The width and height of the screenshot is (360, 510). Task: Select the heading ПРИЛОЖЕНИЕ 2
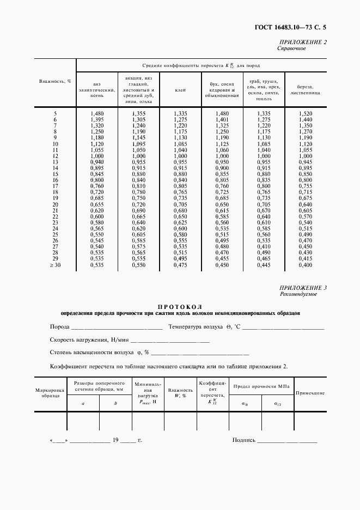303,42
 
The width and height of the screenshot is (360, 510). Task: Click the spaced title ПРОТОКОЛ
180,307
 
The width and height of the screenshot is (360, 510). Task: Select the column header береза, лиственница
305,90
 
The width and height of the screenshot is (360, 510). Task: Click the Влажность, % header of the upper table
55,81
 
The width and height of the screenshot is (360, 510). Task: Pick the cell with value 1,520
305,113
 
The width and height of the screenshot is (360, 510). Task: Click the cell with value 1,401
222,119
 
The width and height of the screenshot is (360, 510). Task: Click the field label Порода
59,327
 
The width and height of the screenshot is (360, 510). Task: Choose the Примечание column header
310,393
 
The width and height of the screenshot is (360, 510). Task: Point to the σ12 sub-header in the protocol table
277,404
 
